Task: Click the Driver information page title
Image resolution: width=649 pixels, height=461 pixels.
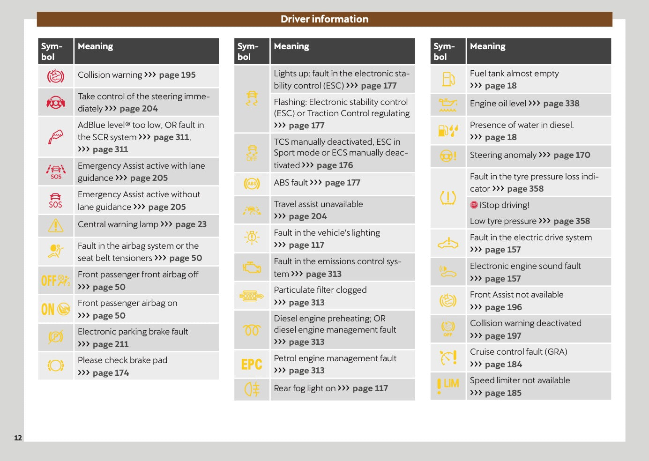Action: coord(324,19)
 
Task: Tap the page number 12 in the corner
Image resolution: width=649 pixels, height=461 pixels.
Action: coord(18,438)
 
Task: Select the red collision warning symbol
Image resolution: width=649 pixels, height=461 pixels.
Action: coord(56,76)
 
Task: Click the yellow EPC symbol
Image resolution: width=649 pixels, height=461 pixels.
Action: coord(252,364)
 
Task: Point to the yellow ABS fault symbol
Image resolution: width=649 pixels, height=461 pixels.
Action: coord(252,183)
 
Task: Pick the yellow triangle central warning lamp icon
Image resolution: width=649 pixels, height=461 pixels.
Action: coord(56,225)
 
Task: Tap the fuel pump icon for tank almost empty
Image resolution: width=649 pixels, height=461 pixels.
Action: coord(448,79)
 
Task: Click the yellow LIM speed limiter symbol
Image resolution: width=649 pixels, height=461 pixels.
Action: coord(448,386)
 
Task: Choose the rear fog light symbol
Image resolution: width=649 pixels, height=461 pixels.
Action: coord(252,389)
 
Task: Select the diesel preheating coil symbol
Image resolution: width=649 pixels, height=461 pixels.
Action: coord(252,330)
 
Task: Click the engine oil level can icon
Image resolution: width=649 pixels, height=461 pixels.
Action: coord(448,104)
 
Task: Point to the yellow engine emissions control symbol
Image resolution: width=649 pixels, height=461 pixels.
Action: coord(252,267)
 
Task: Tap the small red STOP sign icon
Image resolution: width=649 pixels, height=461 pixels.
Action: coord(474,205)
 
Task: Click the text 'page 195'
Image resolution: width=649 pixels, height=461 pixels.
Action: coord(177,75)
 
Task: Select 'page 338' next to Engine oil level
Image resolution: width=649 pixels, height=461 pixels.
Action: coord(561,104)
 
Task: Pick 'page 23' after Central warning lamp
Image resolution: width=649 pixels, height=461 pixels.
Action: coord(191,224)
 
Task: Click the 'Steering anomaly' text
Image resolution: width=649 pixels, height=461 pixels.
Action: coord(503,155)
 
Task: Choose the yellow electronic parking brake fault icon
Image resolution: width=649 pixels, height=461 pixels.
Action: coord(56,337)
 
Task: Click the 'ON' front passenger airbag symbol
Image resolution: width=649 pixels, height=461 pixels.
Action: coord(56,309)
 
